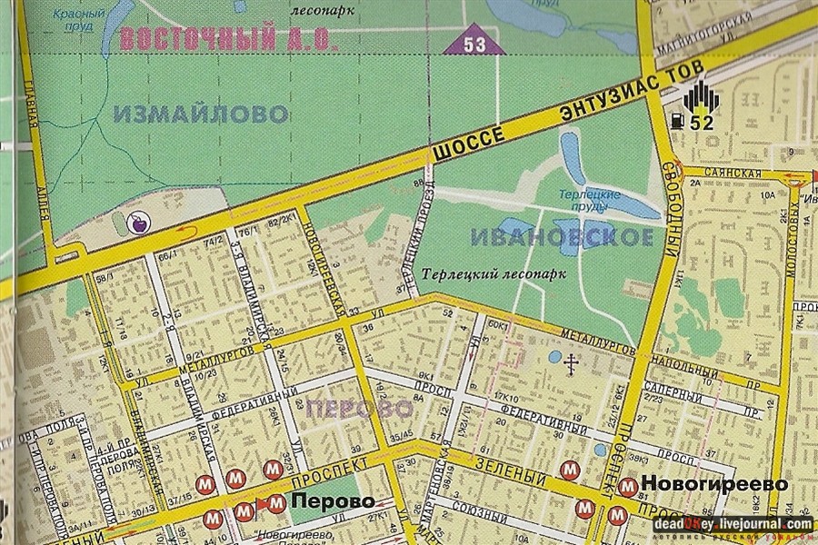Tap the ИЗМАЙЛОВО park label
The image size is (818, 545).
point(202,114)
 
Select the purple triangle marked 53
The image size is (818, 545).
point(473,42)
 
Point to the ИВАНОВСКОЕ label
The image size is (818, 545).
point(562,238)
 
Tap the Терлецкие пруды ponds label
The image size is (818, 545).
point(595,201)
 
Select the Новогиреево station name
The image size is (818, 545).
point(714,484)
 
